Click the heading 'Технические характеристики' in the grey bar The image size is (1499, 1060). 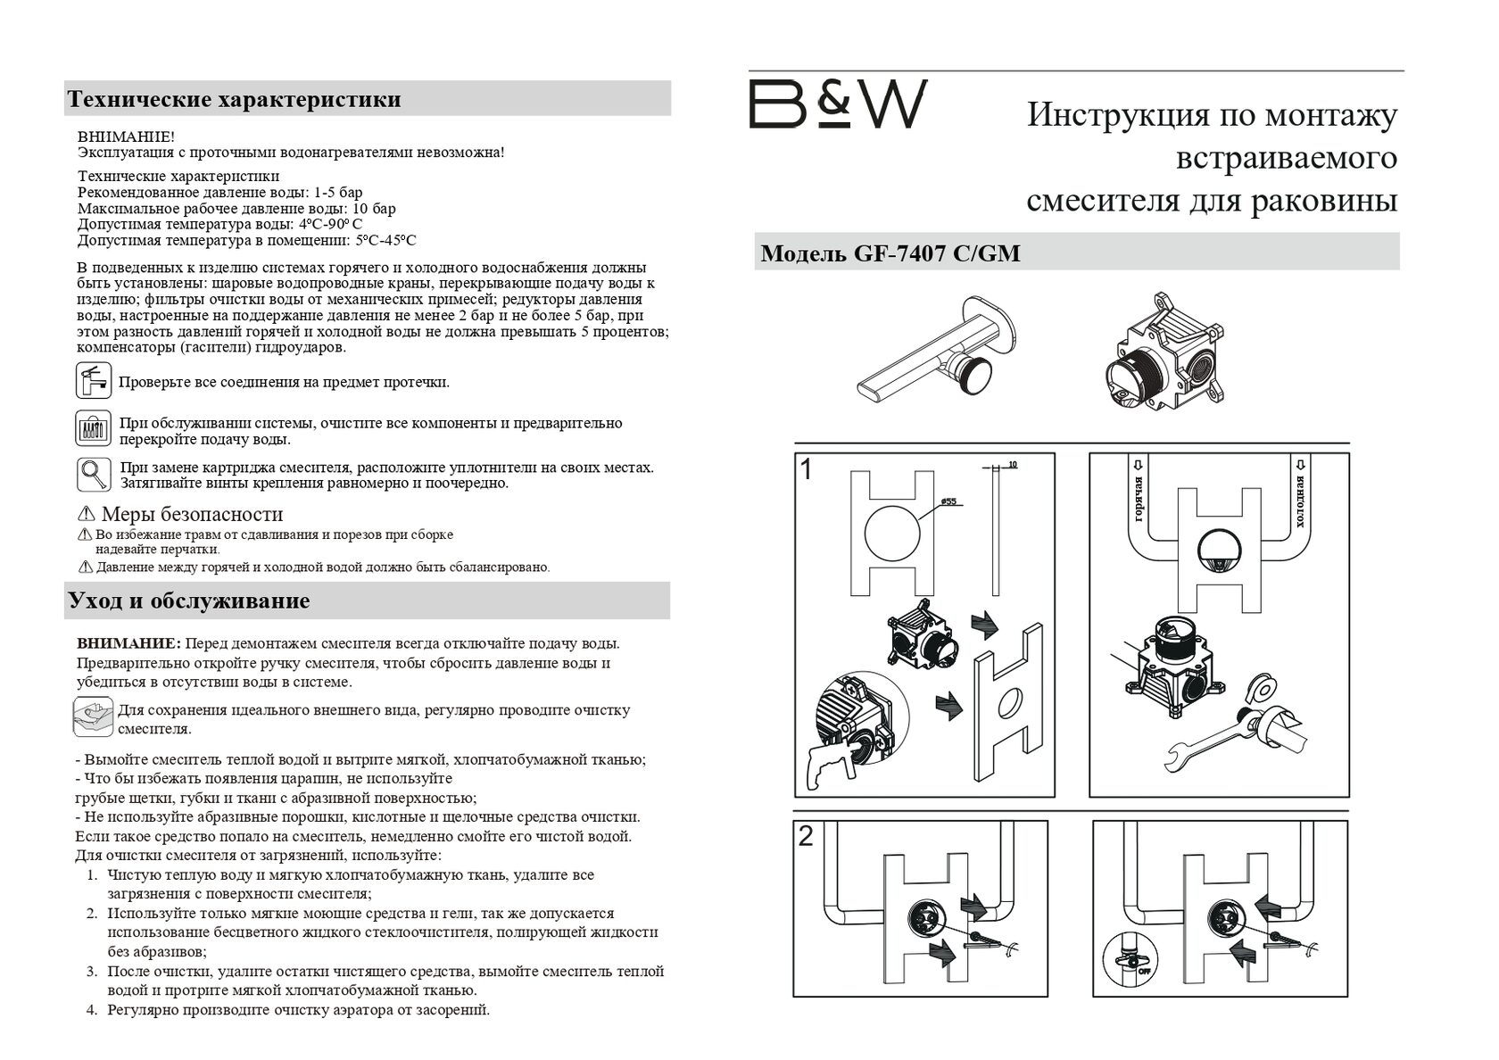pos(235,98)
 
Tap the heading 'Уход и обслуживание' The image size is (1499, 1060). pos(189,600)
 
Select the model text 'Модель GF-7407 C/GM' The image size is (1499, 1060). pos(890,254)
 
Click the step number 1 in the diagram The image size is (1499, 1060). pos(807,470)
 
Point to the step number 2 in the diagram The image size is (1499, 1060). pos(807,837)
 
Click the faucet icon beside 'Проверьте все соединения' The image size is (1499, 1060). pos(93,381)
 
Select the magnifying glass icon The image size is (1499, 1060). pos(93,474)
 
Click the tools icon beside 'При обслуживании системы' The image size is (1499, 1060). pos(93,429)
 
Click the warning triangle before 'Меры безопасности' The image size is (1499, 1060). pos(87,514)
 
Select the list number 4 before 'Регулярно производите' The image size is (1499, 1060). pos(91,1010)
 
